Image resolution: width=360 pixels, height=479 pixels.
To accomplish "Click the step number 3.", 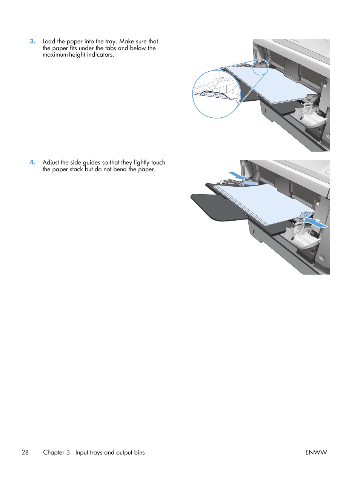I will [32, 41].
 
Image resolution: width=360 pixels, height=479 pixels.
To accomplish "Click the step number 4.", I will [32, 163].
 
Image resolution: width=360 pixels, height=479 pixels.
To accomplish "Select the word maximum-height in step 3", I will [64, 55].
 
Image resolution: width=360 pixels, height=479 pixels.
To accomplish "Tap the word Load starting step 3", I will [49, 41].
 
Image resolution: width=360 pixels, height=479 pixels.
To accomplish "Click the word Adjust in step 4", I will [51, 163].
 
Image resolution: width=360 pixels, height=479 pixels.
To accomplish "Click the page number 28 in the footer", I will [25, 452].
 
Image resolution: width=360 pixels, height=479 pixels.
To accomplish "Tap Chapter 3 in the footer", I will [56, 452].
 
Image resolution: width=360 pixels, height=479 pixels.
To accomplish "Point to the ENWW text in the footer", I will [316, 452].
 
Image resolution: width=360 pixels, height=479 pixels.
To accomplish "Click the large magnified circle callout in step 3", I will [216, 94].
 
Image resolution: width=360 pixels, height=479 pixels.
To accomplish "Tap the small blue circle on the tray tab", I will [260, 66].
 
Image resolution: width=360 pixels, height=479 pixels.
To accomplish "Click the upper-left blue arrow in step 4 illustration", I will [237, 175].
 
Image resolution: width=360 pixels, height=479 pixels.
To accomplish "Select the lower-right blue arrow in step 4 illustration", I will [315, 222].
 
